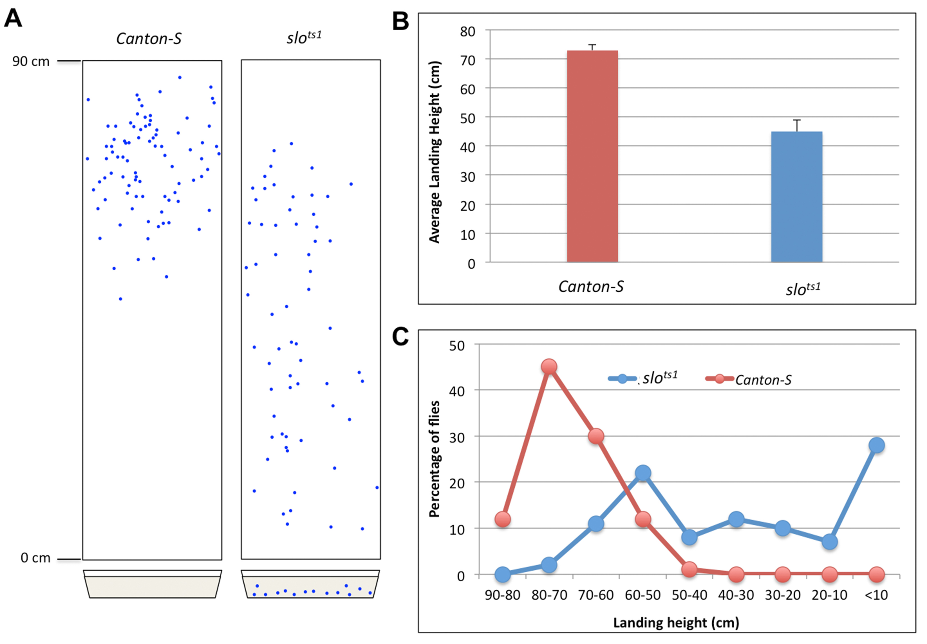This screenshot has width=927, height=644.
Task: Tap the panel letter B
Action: [x=400, y=21]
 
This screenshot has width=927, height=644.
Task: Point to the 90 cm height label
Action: [x=31, y=61]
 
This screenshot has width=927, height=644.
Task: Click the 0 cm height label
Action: [x=35, y=558]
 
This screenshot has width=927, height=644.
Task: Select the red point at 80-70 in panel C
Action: [x=549, y=367]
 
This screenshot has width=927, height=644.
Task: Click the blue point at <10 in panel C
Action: [x=876, y=445]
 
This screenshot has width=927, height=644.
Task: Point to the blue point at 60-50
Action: [x=643, y=473]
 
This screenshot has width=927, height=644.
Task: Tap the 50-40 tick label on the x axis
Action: [x=689, y=595]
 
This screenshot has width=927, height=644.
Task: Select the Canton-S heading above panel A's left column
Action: [x=148, y=39]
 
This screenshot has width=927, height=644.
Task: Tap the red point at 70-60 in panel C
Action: [x=596, y=436]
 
